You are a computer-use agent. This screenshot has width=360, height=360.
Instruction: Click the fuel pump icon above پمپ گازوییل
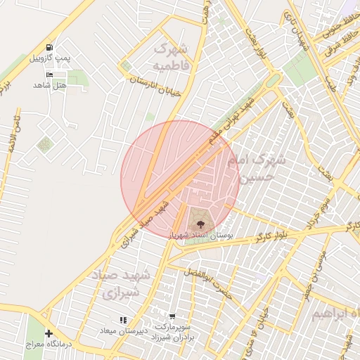(49, 47)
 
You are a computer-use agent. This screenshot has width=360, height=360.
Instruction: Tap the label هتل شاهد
(49, 84)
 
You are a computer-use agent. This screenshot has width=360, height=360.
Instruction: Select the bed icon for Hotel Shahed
(49, 74)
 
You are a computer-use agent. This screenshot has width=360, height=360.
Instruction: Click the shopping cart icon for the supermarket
(172, 317)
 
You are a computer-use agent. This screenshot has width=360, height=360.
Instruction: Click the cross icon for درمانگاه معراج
(49, 333)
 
